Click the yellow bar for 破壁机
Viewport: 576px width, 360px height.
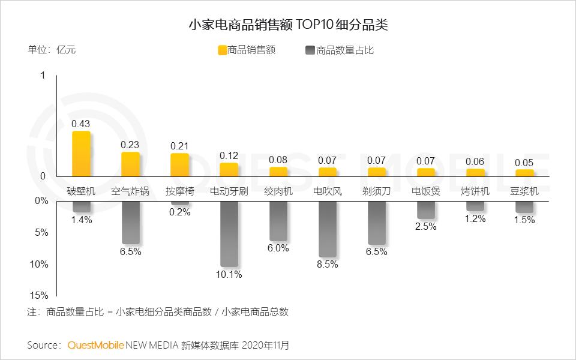click(x=81, y=154)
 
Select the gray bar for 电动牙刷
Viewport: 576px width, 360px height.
click(x=229, y=233)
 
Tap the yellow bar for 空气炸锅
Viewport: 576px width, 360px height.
click(x=130, y=164)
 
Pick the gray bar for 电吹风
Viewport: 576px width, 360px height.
click(x=327, y=229)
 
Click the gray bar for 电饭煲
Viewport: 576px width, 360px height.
click(x=426, y=210)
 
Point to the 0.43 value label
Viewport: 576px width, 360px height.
click(x=81, y=124)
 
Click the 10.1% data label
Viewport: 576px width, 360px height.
click(x=229, y=275)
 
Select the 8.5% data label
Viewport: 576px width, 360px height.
click(x=327, y=264)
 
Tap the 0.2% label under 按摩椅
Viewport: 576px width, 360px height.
click(x=179, y=212)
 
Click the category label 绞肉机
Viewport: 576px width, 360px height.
click(x=278, y=191)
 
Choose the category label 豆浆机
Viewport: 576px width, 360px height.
click(x=524, y=191)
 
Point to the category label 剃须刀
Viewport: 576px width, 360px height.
click(x=376, y=191)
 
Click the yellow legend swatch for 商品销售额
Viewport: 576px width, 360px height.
click(x=222, y=50)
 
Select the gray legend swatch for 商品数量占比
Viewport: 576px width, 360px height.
click(x=310, y=50)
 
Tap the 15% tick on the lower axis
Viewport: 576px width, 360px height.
click(x=40, y=295)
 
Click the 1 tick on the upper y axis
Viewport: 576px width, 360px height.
click(x=43, y=76)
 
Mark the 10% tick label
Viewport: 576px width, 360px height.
click(x=40, y=264)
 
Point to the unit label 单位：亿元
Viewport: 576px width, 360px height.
click(x=52, y=50)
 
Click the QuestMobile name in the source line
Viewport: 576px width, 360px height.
click(x=95, y=345)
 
